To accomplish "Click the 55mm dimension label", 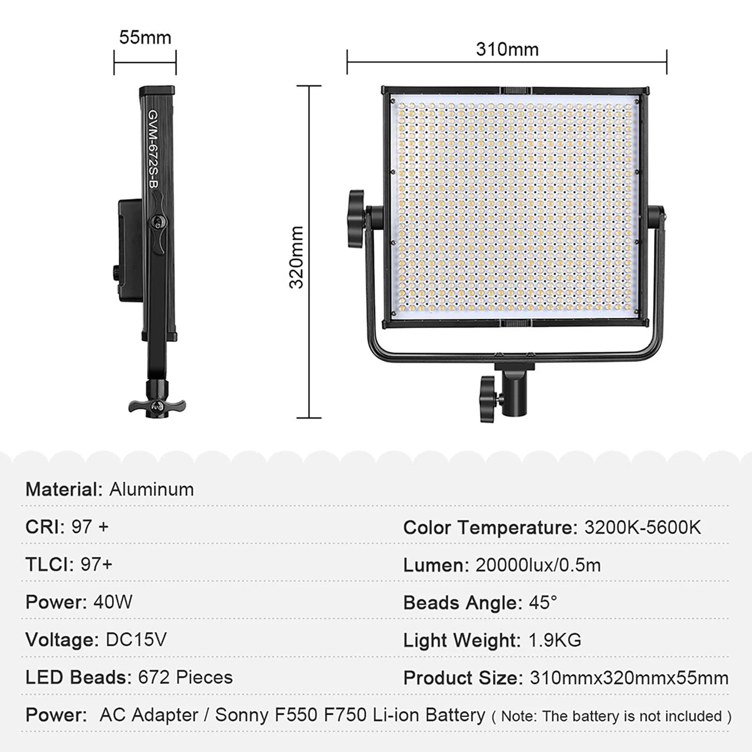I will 145,38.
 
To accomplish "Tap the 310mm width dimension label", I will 507,49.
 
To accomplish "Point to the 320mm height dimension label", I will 297,257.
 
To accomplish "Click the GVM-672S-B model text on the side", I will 153,149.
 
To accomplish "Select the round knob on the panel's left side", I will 356,219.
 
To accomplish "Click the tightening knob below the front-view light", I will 488,398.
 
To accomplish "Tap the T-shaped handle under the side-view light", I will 157,406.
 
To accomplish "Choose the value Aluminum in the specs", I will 151,490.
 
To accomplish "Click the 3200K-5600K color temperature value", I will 642,527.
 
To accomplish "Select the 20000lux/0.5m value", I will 538,565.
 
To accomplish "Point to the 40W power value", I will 113,602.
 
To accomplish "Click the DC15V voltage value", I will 136,640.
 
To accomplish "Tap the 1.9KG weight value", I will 555,640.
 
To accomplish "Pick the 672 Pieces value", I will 185,677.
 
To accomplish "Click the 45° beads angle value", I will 543,603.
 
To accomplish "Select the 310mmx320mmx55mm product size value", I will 629,678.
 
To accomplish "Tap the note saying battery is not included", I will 611,716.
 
